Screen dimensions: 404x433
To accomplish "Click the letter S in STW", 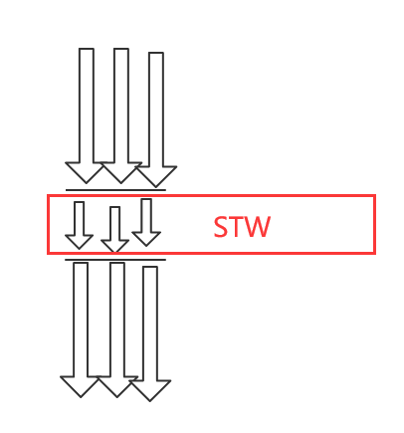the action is pyautogui.click(x=220, y=227).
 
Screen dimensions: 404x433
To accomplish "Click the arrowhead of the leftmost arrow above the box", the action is pyautogui.click(x=87, y=172).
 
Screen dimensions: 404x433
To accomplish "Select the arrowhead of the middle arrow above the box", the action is pyautogui.click(x=121, y=172).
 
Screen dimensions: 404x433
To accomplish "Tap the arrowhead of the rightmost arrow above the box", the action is pyautogui.click(x=156, y=176).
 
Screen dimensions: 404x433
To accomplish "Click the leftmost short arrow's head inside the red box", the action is pyautogui.click(x=79, y=242).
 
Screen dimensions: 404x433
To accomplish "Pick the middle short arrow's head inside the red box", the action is pyautogui.click(x=114, y=246).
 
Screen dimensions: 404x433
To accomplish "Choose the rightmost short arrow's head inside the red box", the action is pyautogui.click(x=146, y=239).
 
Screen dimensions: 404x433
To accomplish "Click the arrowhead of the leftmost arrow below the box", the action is pyautogui.click(x=81, y=387).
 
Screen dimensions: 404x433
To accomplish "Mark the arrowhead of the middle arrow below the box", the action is pyautogui.click(x=117, y=387).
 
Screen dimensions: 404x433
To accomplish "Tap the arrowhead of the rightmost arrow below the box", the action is pyautogui.click(x=150, y=391).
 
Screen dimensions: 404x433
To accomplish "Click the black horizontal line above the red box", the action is pyautogui.click(x=115, y=190).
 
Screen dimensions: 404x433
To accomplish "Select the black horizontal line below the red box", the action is pyautogui.click(x=115, y=260).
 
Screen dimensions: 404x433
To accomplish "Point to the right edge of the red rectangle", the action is pyautogui.click(x=375, y=225).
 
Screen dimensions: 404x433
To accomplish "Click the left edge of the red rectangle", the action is pyautogui.click(x=49, y=225).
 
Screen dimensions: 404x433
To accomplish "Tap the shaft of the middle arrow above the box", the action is pyautogui.click(x=121, y=106).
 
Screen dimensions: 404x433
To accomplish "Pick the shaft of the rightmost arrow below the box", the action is pyautogui.click(x=150, y=324).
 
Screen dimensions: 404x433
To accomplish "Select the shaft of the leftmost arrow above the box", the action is pyautogui.click(x=87, y=106).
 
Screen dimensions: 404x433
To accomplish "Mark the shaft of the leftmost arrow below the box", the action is pyautogui.click(x=81, y=320).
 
